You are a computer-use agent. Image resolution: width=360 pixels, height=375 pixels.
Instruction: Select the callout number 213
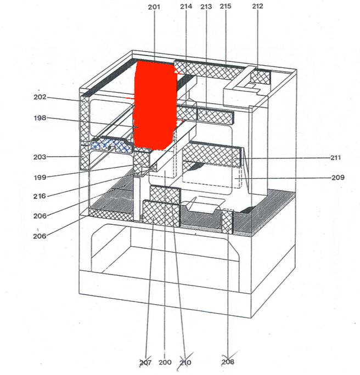point(206,7)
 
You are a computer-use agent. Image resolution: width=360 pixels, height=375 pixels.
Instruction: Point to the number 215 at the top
point(226,7)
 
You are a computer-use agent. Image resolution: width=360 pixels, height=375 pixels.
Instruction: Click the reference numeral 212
point(257,7)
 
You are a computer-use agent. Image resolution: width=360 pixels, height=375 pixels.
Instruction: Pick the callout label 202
point(40,98)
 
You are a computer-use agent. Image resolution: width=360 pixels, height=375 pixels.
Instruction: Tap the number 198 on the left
point(40,118)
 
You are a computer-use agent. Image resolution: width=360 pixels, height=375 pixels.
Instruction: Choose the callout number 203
point(40,157)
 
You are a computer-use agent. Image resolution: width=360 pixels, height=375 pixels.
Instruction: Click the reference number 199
point(40,177)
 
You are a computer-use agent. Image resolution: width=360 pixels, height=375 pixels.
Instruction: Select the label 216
point(40,196)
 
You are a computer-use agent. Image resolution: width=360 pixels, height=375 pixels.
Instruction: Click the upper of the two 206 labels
point(40,217)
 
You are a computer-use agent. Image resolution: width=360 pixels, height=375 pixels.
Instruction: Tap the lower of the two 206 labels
point(40,236)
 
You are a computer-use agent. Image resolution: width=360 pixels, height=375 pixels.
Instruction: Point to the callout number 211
point(335,158)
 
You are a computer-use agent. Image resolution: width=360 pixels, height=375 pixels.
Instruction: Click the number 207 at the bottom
point(145,362)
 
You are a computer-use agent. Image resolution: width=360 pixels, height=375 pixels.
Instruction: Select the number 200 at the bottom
point(165,362)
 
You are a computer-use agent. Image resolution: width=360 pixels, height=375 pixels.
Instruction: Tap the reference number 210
point(185,362)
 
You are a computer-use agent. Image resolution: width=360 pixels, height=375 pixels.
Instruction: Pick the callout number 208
point(228,362)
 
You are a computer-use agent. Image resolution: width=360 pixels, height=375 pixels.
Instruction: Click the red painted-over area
point(155,104)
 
